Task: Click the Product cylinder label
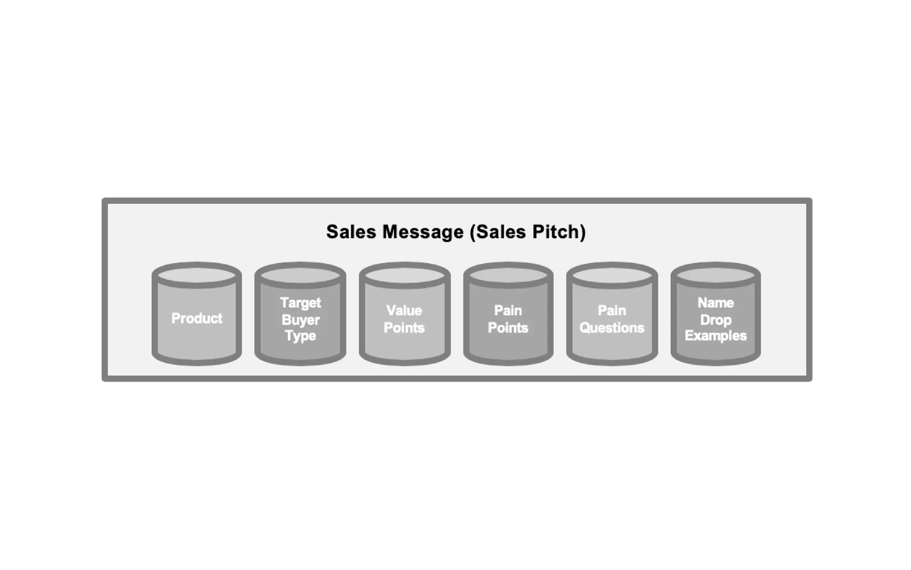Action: click(197, 318)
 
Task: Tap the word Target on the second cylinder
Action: click(300, 303)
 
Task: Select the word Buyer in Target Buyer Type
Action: click(301, 320)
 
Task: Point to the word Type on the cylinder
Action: click(301, 336)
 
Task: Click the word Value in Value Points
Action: click(404, 310)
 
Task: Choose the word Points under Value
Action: click(404, 328)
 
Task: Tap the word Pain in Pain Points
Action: click(508, 310)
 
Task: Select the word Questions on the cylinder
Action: click(612, 328)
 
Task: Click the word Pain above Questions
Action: click(612, 310)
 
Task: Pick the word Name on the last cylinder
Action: click(715, 303)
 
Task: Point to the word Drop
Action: click(715, 320)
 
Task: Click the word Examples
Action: click(715, 336)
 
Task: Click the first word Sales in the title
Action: click(351, 232)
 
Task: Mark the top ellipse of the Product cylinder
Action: click(197, 275)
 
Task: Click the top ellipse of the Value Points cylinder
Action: click(404, 275)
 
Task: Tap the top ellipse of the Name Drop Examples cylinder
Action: click(715, 275)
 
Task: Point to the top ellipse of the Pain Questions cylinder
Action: click(612, 275)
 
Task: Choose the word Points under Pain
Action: click(508, 328)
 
